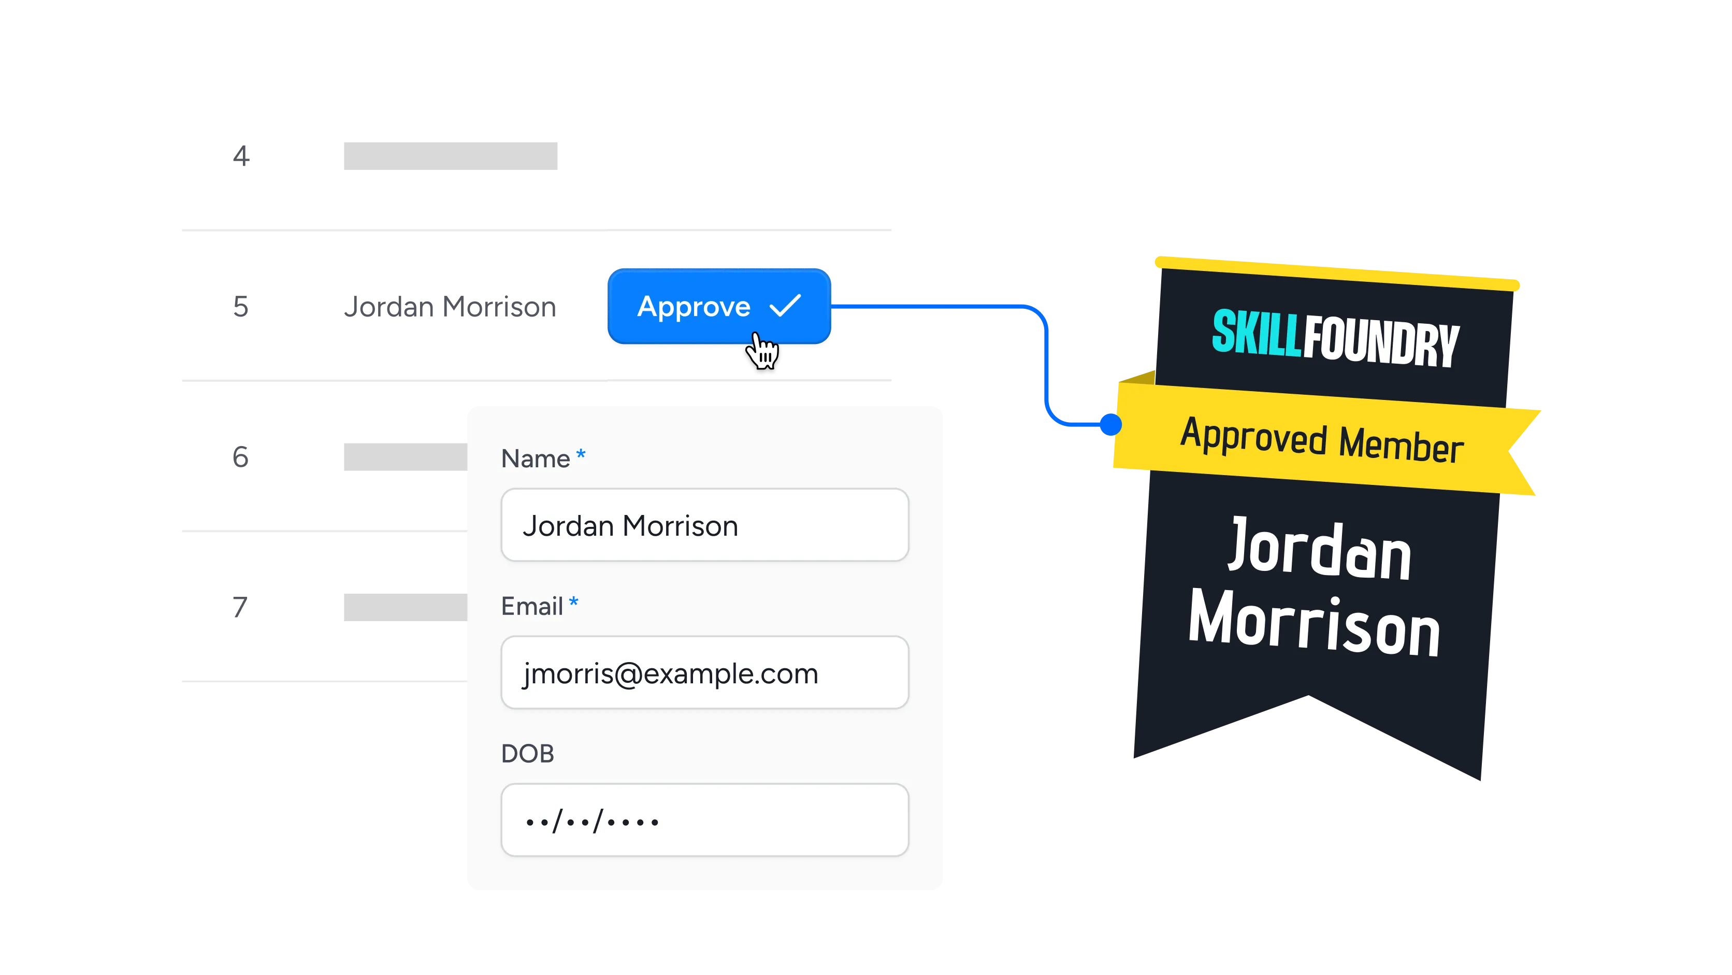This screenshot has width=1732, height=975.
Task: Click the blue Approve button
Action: tap(719, 306)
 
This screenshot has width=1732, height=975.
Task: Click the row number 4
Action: tap(241, 156)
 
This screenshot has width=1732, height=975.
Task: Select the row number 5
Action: tap(241, 307)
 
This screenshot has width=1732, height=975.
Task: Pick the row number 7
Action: tap(240, 607)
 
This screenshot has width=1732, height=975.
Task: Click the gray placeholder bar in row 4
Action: tap(451, 156)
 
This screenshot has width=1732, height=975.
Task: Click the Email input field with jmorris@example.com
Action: tap(704, 672)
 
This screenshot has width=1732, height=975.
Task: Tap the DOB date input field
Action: tap(704, 820)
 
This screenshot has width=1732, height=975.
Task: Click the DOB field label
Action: tap(528, 754)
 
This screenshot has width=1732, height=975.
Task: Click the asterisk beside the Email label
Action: tap(573, 601)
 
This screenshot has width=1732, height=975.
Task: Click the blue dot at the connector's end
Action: tap(1111, 424)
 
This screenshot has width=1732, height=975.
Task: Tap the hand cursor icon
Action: tap(762, 350)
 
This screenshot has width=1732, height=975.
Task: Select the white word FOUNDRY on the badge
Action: tap(1381, 341)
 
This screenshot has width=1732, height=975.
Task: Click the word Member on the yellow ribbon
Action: tap(1401, 444)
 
